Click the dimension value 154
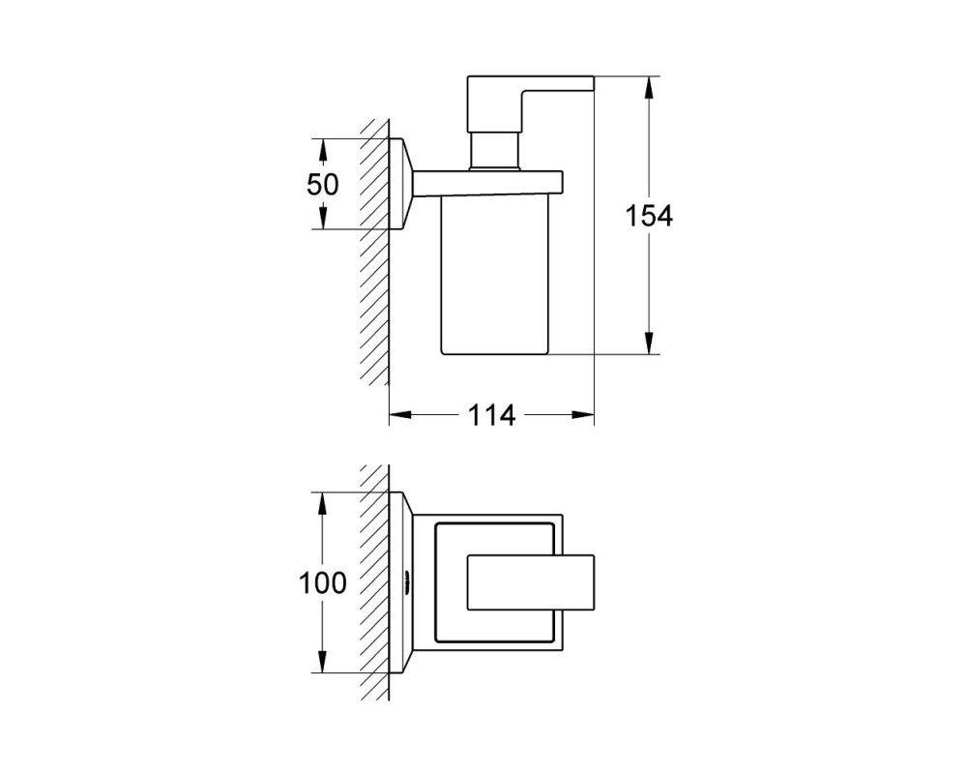pyautogui.click(x=649, y=216)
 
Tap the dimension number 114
pyautogui.click(x=491, y=415)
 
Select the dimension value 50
pyautogui.click(x=323, y=184)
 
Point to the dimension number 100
pyautogui.click(x=323, y=582)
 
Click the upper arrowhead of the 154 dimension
pyautogui.click(x=649, y=88)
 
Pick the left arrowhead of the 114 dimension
pyautogui.click(x=400, y=415)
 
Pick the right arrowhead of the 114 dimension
pyautogui.click(x=583, y=415)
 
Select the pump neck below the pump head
pyautogui.click(x=493, y=149)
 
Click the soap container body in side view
pyautogui.click(x=494, y=276)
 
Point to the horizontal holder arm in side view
pyautogui.click(x=487, y=184)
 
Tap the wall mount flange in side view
pyautogui.click(x=401, y=184)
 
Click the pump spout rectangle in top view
pyautogui.click(x=530, y=582)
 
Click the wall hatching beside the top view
pyautogui.click(x=374, y=582)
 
